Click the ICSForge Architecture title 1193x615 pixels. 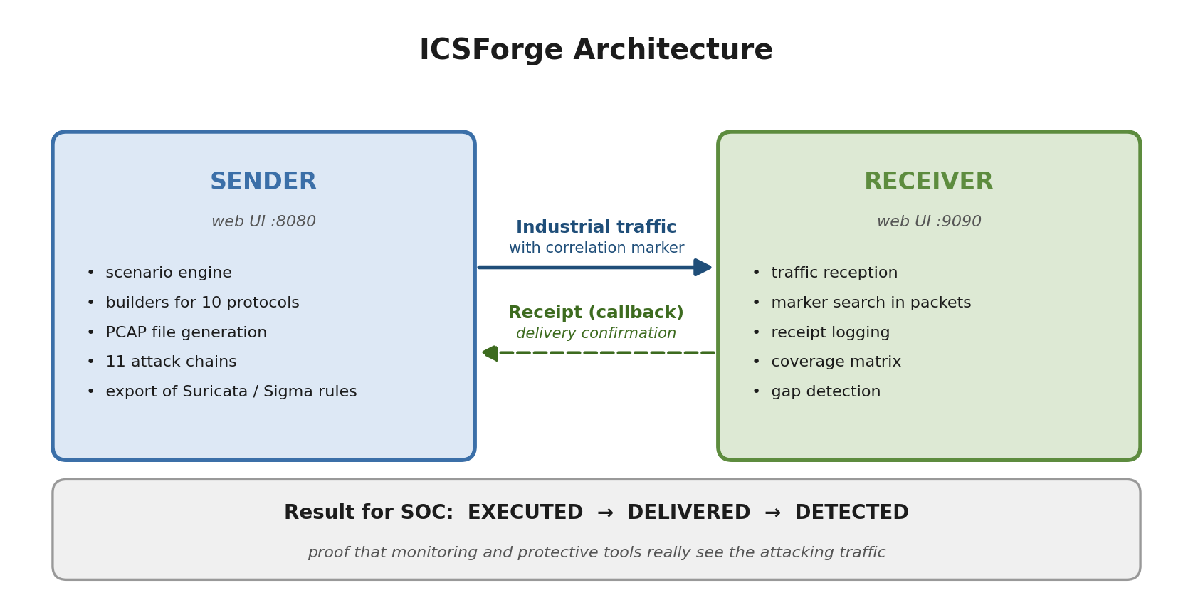(596, 51)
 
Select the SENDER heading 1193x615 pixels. (263, 182)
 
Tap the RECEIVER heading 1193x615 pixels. (928, 182)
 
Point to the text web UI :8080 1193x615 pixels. (263, 222)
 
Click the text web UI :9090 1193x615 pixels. (929, 222)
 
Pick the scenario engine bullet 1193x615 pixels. (168, 273)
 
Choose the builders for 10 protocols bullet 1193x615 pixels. (202, 303)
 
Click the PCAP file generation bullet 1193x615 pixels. (186, 333)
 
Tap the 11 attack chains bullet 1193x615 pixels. (171, 362)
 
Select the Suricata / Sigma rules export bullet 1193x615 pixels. (231, 392)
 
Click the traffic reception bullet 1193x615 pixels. (834, 273)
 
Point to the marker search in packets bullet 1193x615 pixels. (871, 303)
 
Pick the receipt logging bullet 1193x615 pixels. (830, 333)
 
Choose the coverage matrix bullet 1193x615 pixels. (836, 362)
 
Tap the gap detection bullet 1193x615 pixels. (826, 392)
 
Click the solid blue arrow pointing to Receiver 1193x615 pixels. (595, 268)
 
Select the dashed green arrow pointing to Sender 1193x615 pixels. (598, 353)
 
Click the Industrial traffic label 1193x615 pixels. (596, 228)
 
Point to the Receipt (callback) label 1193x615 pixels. (596, 313)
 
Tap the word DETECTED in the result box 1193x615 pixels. (851, 513)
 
